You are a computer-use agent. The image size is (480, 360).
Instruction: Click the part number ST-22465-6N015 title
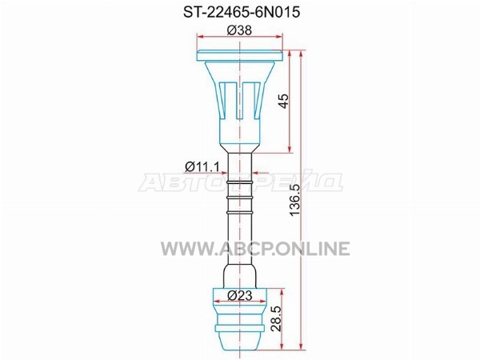click(242, 13)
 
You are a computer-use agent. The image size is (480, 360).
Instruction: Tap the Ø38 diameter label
click(239, 30)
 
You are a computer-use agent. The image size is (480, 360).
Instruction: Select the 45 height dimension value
click(284, 101)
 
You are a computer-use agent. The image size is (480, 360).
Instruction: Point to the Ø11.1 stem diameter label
click(202, 167)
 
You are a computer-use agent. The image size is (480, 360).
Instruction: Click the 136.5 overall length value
click(295, 200)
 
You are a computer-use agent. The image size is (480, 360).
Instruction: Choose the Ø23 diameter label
click(240, 295)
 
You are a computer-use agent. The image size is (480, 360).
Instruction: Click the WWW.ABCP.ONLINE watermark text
click(255, 248)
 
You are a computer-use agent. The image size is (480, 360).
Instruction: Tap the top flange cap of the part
click(240, 55)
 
